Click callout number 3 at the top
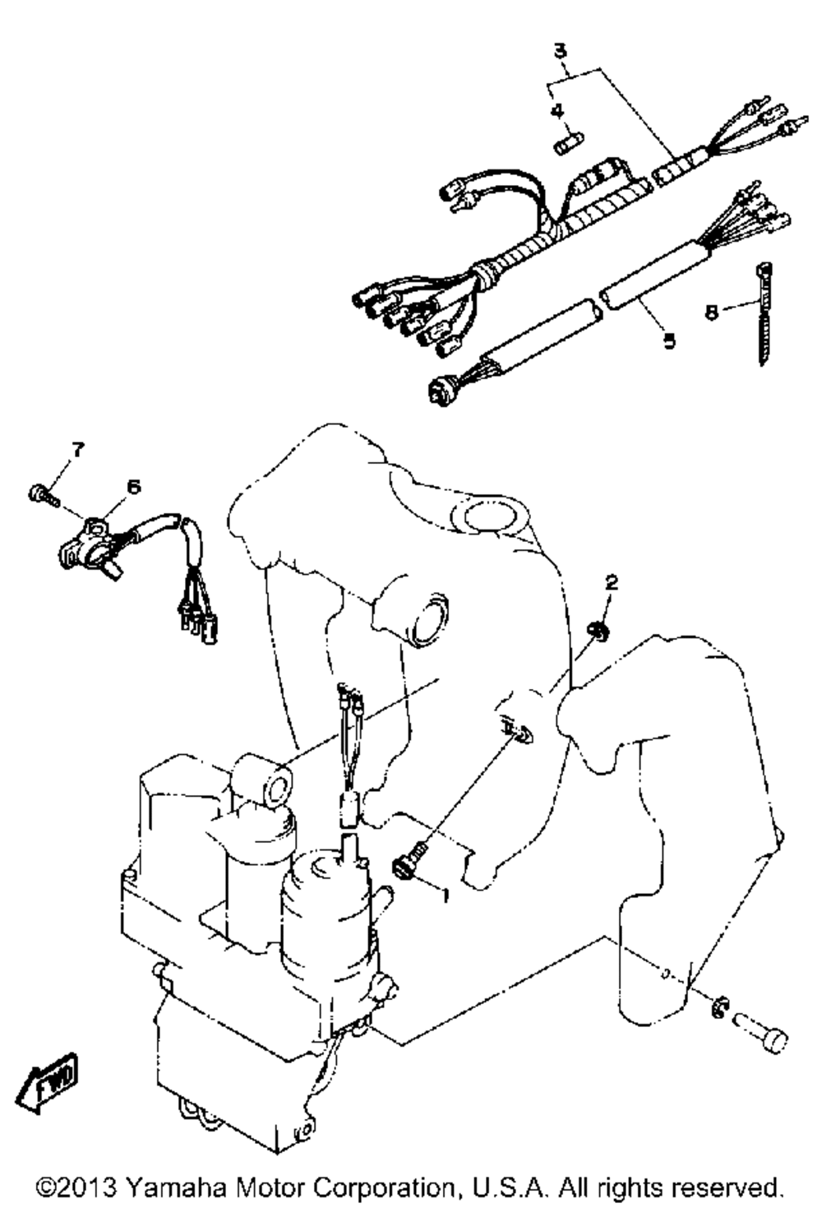pos(561,50)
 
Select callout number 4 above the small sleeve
pos(556,110)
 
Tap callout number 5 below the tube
pos(669,340)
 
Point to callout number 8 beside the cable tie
pos(712,312)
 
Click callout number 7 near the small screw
pos(78,449)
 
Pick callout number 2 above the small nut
pos(612,582)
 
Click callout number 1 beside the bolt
pos(446,896)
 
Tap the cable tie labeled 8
pos(764,314)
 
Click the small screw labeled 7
pos(43,494)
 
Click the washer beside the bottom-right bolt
pos(718,1007)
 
